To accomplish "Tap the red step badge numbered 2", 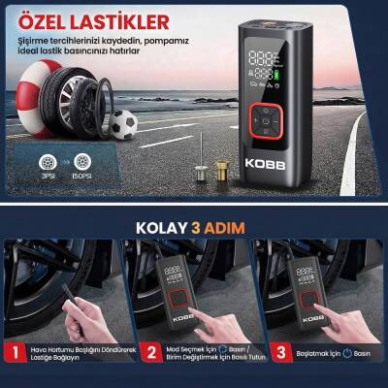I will tap(151, 353).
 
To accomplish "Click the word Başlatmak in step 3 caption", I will tap(312, 353).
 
